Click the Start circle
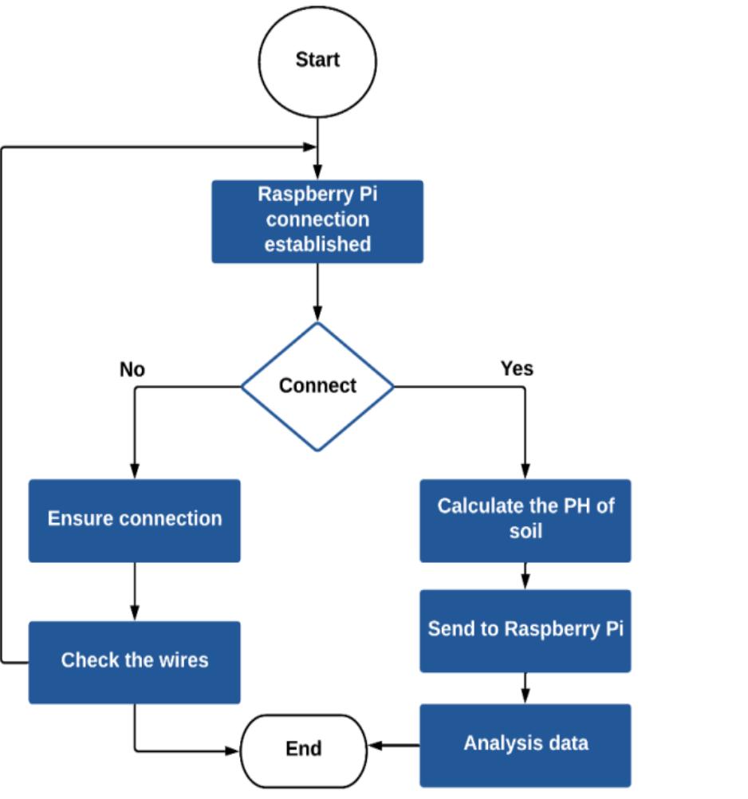[x=317, y=61]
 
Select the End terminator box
[x=303, y=750]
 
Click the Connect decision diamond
[x=317, y=386]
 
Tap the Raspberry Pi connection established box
[x=317, y=221]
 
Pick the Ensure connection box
[x=135, y=520]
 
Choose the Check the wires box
[x=135, y=662]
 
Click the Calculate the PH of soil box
[x=526, y=520]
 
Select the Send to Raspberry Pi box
[x=526, y=630]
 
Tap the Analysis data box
[x=526, y=745]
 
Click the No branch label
[x=132, y=369]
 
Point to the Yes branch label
[x=517, y=368]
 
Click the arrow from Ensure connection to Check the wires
[x=135, y=591]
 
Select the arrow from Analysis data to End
[x=394, y=746]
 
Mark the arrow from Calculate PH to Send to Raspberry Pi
[x=526, y=576]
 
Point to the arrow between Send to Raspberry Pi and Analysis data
[x=526, y=687]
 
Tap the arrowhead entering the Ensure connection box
[x=135, y=471]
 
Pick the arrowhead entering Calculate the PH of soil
[x=526, y=471]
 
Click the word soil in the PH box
[x=526, y=531]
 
